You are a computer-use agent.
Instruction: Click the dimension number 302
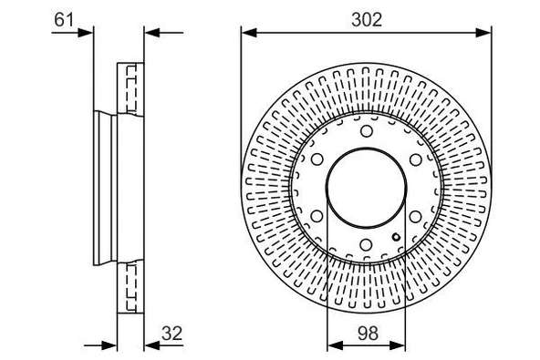pyautogui.click(x=366, y=16)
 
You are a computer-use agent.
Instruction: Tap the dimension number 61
pyautogui.click(x=63, y=16)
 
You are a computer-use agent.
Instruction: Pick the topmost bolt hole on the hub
pyautogui.click(x=366, y=133)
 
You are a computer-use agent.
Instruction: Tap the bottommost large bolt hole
pyautogui.click(x=366, y=244)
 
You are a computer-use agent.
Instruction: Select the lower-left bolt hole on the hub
pyautogui.click(x=317, y=217)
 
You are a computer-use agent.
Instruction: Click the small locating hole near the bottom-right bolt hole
pyautogui.click(x=396, y=240)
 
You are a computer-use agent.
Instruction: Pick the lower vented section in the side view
pyautogui.click(x=131, y=288)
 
